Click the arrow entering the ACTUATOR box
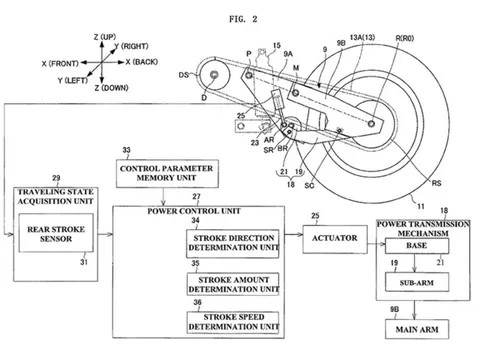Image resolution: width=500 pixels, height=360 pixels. tap(283, 241)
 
